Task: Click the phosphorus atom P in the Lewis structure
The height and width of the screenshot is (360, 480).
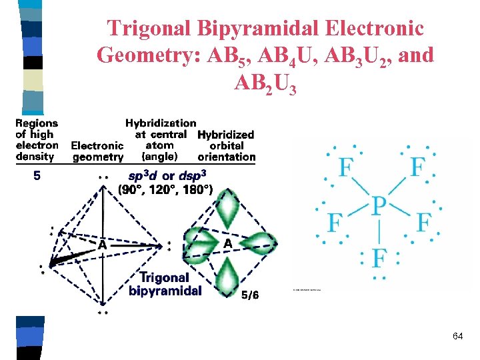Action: coord(379,206)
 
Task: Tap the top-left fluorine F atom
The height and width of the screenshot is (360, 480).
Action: coord(345,167)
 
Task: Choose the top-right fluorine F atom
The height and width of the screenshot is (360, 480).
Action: coord(418,167)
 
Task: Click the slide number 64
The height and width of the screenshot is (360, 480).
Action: coord(457,337)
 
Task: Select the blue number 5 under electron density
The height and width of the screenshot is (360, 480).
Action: coord(37,177)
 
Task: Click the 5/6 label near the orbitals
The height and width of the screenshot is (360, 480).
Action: coord(250,295)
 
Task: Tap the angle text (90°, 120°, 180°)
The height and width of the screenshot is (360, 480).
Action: coord(165,190)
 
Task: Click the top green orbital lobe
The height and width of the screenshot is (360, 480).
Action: coord(229,207)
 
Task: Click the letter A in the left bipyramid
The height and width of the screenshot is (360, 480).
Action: coord(103,245)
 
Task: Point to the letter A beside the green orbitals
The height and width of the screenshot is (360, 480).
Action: coord(228,244)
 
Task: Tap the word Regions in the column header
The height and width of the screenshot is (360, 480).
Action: coord(37,123)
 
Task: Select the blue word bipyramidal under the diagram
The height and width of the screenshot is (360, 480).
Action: coord(165,291)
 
